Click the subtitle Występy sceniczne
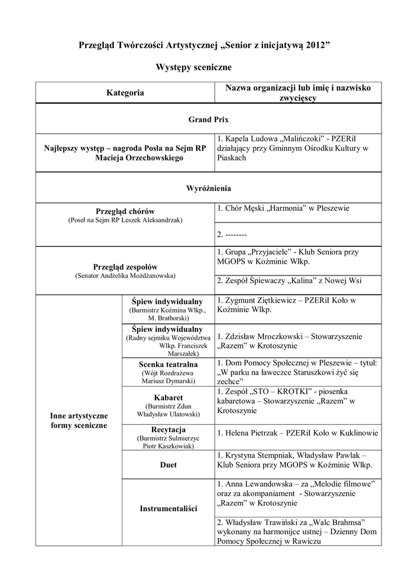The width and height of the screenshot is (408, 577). pos(193,67)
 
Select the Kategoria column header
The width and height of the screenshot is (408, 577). pos(125,93)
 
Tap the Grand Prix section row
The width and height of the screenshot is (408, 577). pos(208,119)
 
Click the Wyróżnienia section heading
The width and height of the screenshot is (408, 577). pos(208,188)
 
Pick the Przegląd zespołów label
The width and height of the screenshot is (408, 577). pos(125,267)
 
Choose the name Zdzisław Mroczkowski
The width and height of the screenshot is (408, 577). pos(265,336)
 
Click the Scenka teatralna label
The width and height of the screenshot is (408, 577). pos(168,365)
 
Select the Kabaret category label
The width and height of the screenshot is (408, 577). pos(168,397)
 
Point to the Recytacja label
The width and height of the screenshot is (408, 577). pos(168,430)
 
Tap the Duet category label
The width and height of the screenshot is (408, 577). pos(168,465)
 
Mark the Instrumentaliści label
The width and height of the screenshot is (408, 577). pos(168,509)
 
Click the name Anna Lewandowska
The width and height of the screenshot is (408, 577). pos(257,484)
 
